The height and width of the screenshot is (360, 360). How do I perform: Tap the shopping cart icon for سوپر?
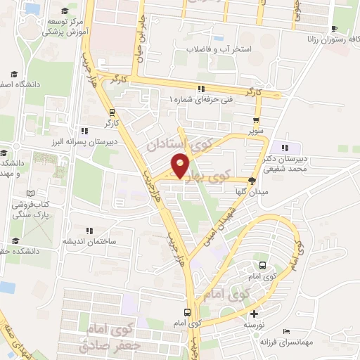pos(257,120)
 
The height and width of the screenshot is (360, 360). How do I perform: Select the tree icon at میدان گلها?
pos(252,180)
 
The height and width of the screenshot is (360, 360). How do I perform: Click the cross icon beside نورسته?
pos(254,314)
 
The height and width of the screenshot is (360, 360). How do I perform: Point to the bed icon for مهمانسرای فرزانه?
pos(285,331)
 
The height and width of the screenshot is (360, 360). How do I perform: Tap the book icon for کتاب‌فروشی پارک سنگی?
pos(29,193)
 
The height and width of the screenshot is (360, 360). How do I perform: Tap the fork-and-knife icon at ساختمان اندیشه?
pos(89,230)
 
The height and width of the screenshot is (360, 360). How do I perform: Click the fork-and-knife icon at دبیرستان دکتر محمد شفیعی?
pos(285,148)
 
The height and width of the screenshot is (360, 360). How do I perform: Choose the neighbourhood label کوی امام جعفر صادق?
pos(112,337)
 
